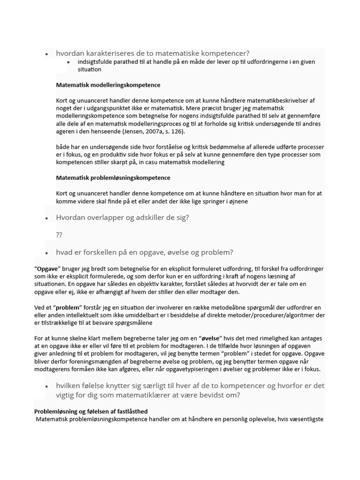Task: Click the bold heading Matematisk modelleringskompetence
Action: click(108, 85)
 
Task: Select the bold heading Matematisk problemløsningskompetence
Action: click(113, 178)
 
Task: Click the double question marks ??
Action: click(59, 235)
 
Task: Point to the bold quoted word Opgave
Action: click(47, 269)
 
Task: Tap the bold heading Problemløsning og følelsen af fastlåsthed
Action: click(91, 412)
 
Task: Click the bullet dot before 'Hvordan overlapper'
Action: click(46, 218)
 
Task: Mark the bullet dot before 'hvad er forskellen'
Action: click(46, 253)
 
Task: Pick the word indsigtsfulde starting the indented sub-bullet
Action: click(97, 62)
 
